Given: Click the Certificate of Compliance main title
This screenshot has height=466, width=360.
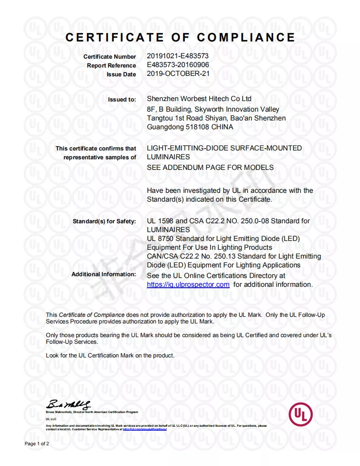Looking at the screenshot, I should [180, 38].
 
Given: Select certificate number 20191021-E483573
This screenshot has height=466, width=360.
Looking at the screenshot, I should [177, 56].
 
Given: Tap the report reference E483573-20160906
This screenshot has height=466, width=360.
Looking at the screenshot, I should [178, 65].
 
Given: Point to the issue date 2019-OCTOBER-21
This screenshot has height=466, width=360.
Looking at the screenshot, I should [178, 74].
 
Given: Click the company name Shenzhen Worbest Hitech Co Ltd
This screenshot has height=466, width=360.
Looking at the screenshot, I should [199, 99].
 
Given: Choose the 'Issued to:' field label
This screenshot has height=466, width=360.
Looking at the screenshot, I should [122, 100].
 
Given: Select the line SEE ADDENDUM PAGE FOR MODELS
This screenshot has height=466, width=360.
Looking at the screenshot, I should [210, 168].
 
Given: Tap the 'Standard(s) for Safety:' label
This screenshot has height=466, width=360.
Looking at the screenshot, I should [105, 221].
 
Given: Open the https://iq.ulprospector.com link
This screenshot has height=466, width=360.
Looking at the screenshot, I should [188, 285].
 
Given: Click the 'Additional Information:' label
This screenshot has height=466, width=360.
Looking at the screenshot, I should [104, 274].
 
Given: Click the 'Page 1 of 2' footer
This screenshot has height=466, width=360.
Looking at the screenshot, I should [37, 443].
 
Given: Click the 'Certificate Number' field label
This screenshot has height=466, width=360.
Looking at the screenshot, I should [110, 57].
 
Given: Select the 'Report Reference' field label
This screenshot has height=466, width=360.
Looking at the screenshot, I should [112, 66].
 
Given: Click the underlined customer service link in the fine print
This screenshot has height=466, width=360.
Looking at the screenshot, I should [145, 429].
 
